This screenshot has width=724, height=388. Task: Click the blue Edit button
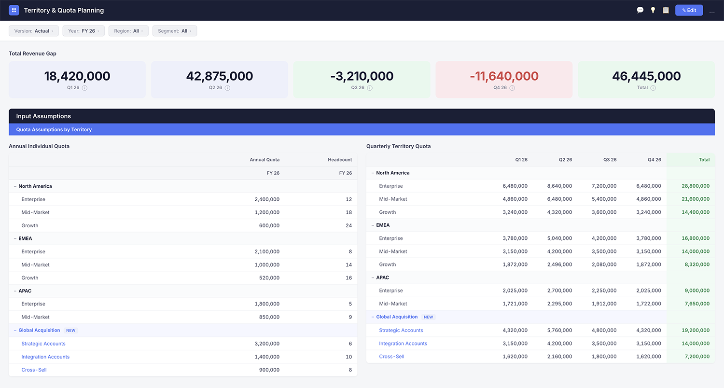click(x=689, y=10)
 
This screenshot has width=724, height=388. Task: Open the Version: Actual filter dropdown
click(x=34, y=31)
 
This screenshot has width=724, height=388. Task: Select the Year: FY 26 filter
click(x=84, y=31)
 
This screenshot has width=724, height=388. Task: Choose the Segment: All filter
click(x=175, y=31)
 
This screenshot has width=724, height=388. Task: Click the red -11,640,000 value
click(x=504, y=76)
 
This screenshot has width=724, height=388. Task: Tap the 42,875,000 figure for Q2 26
click(x=220, y=76)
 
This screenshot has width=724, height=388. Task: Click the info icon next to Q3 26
click(x=370, y=88)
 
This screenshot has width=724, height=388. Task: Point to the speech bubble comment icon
click(x=640, y=10)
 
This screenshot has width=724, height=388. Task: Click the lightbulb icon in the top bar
click(x=653, y=10)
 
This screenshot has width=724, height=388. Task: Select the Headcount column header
click(x=340, y=160)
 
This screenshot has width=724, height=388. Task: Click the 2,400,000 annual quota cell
click(x=267, y=199)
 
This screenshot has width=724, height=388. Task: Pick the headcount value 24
click(x=348, y=225)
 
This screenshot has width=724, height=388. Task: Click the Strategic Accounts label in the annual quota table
click(x=43, y=344)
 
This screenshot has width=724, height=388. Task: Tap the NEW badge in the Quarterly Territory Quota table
click(x=428, y=317)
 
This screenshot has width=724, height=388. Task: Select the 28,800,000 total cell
click(x=696, y=186)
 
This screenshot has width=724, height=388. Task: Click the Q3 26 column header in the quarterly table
click(x=610, y=160)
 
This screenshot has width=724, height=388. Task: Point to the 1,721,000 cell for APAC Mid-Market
click(x=515, y=304)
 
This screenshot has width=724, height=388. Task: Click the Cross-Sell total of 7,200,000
click(x=697, y=357)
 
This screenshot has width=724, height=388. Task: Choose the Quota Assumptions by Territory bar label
click(x=54, y=129)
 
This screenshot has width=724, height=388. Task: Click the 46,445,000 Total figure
click(x=646, y=76)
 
